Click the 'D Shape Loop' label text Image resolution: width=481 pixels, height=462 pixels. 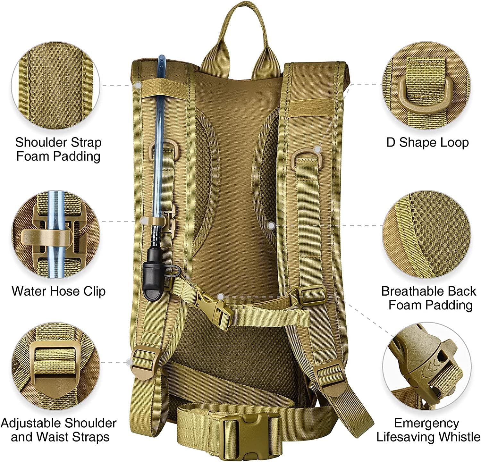[x=427, y=142]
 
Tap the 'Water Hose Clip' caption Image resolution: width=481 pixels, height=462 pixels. [x=59, y=291]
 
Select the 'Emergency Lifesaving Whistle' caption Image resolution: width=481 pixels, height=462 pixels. [x=428, y=430]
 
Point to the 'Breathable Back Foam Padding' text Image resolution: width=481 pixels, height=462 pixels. [x=429, y=298]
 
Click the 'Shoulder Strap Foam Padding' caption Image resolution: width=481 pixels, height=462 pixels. [x=58, y=149]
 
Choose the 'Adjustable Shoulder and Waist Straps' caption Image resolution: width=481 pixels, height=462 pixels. [x=59, y=430]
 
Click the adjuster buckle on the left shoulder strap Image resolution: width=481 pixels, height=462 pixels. [x=143, y=360]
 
